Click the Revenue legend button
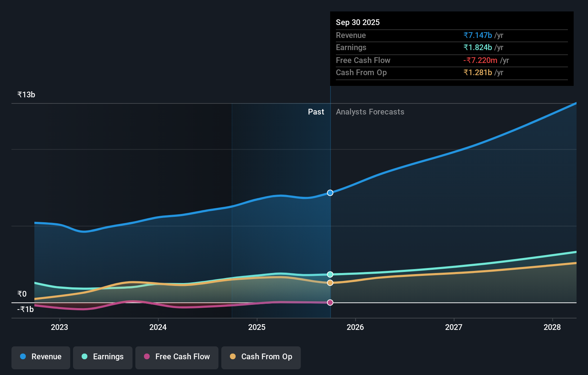(x=41, y=357)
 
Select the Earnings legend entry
(x=103, y=357)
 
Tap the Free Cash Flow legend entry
(x=177, y=357)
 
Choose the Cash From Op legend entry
(x=261, y=357)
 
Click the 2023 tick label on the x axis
(x=59, y=327)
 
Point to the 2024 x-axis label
(x=158, y=327)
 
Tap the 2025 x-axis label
(x=257, y=327)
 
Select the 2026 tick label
(x=355, y=327)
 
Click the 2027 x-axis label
(x=454, y=327)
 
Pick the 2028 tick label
(x=552, y=327)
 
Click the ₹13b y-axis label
(x=26, y=95)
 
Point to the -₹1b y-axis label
(x=25, y=309)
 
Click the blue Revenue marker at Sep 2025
(x=330, y=193)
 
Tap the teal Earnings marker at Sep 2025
(x=330, y=274)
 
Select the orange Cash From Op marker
(x=330, y=283)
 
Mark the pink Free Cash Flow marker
(x=330, y=302)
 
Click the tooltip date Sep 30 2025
(x=358, y=22)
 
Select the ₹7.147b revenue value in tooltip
(x=478, y=35)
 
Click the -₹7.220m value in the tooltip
(x=480, y=60)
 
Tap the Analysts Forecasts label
(x=370, y=112)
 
